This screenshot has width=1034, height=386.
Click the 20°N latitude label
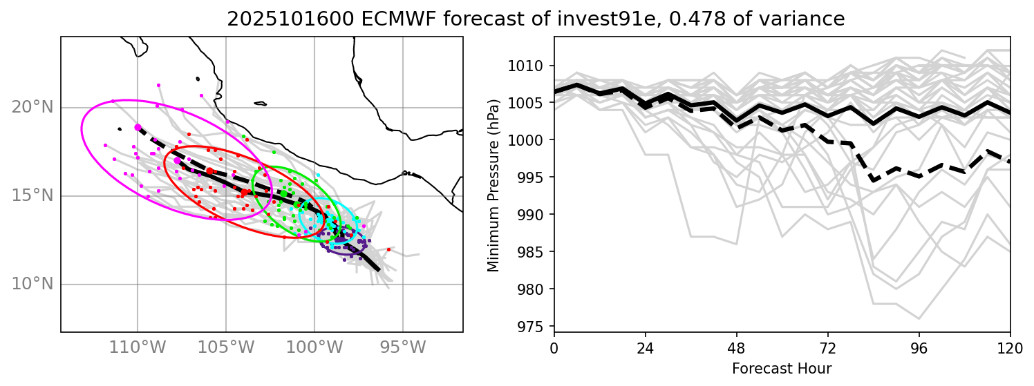tap(32, 108)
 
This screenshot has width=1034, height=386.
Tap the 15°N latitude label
tap(32, 196)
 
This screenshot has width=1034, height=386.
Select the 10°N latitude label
tap(32, 284)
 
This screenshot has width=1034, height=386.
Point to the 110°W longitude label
tap(138, 345)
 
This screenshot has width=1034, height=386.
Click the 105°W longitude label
tap(226, 345)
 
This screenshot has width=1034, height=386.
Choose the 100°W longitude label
tap(314, 345)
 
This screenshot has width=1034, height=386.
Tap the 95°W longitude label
tap(402, 345)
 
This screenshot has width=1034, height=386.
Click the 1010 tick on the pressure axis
tap(533, 66)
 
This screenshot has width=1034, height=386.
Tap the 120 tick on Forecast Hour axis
tap(1010, 346)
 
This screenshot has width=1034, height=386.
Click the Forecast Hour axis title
tap(782, 368)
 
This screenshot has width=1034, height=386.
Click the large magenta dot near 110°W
tap(138, 127)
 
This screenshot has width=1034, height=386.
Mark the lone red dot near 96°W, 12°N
tap(388, 249)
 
